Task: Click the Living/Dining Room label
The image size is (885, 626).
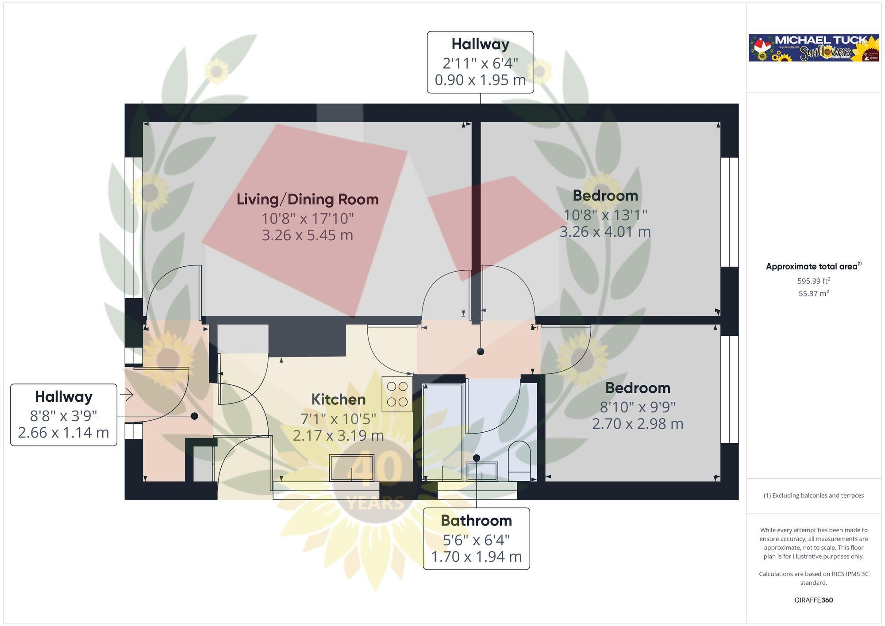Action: (308, 199)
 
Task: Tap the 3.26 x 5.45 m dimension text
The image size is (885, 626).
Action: (308, 235)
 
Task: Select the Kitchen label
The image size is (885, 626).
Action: (339, 399)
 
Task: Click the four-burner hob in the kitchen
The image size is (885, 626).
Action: (397, 394)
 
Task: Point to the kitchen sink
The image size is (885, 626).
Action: (352, 468)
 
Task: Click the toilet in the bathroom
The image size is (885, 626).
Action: (519, 460)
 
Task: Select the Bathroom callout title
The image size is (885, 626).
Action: (476, 521)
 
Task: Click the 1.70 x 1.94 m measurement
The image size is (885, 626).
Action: (476, 557)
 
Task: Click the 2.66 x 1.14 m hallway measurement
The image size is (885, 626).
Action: (63, 433)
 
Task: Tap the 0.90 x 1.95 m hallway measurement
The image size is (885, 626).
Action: (480, 80)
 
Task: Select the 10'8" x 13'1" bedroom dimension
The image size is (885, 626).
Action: (605, 215)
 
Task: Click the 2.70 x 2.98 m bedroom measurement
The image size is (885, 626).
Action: (638, 424)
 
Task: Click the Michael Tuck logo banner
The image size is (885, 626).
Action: (813, 48)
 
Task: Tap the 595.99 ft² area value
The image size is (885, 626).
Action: (813, 281)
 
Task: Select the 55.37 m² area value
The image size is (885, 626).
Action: (813, 293)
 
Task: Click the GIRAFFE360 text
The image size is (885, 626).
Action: (813, 600)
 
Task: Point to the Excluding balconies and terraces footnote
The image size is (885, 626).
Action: (813, 495)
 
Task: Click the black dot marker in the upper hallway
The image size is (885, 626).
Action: (481, 352)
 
